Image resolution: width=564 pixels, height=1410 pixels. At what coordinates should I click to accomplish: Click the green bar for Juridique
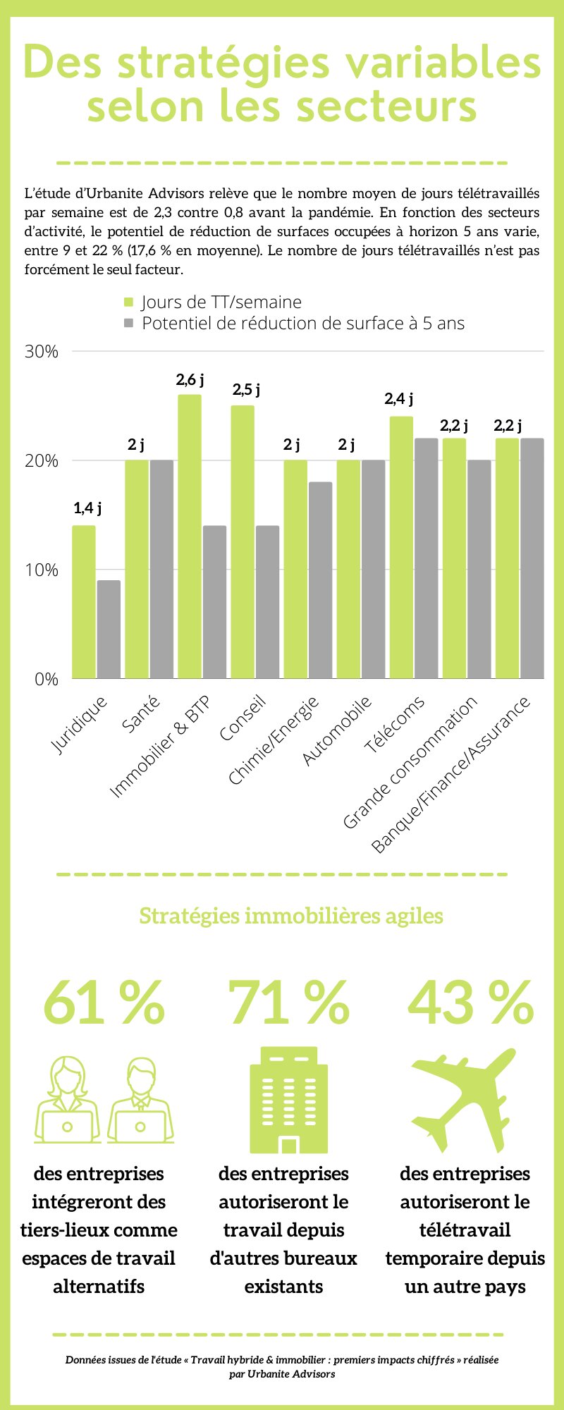(x=84, y=602)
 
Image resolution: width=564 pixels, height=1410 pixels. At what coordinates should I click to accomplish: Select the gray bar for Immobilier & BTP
(x=214, y=602)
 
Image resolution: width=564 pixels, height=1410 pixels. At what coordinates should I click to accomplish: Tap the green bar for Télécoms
(x=401, y=548)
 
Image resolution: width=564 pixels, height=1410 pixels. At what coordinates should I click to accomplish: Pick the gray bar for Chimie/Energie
(x=320, y=580)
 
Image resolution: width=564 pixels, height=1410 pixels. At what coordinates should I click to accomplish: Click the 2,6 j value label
(x=190, y=380)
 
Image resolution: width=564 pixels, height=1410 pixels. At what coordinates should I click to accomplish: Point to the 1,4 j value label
(x=87, y=508)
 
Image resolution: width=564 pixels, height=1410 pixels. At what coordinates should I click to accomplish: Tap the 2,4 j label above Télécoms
(x=398, y=399)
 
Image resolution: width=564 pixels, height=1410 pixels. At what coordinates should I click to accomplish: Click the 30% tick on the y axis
(x=42, y=352)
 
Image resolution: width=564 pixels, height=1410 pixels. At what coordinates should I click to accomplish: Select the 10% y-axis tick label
(x=42, y=570)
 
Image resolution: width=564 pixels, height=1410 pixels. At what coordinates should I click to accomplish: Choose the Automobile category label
(x=337, y=730)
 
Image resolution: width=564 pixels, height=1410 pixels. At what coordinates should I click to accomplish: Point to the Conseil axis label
(x=243, y=718)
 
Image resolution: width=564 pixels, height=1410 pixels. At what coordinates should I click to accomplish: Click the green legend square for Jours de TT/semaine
(x=128, y=302)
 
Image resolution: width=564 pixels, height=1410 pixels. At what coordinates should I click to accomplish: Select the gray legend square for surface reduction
(x=128, y=324)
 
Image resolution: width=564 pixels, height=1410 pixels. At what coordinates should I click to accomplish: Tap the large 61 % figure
(x=104, y=1003)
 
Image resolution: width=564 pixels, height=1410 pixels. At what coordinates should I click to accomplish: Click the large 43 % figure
(x=470, y=1003)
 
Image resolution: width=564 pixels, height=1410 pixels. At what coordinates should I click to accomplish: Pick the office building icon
(x=288, y=1100)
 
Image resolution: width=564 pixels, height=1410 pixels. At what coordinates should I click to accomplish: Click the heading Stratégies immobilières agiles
(x=291, y=916)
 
